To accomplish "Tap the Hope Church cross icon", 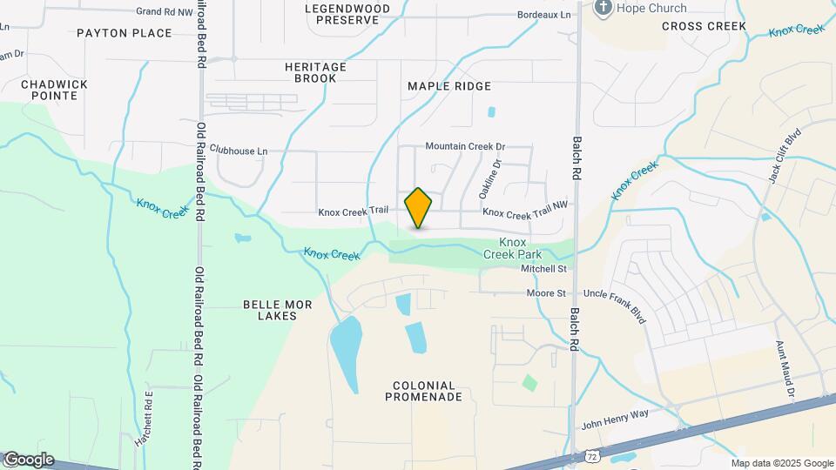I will [x=602, y=9].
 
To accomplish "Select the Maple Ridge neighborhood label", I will [x=449, y=86].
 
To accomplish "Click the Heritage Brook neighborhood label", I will [x=315, y=72].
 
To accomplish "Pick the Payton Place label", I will [x=124, y=33].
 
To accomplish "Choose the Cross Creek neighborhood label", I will [x=704, y=26].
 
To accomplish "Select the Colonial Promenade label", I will [x=424, y=391].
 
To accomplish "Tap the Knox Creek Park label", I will [x=514, y=248].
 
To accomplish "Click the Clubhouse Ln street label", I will [x=239, y=151].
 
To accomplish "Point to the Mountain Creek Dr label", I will [x=465, y=147].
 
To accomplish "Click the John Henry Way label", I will [x=616, y=426].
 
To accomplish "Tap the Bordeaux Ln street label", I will [x=543, y=15].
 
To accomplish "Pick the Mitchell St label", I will [x=543, y=269].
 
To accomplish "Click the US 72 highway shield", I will [x=591, y=455].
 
